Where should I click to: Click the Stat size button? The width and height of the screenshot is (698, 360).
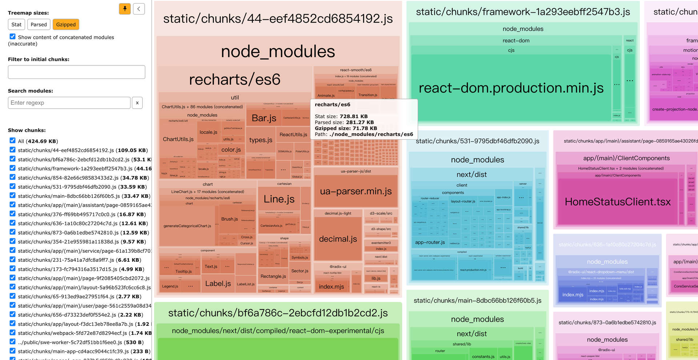16,24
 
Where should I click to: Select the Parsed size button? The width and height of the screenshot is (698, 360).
39,24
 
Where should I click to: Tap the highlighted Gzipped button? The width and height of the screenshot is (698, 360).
66,24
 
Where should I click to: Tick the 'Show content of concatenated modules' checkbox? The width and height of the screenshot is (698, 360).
13,37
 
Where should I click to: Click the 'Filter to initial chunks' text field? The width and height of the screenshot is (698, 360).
76,72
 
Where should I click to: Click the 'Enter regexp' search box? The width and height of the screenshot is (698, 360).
69,103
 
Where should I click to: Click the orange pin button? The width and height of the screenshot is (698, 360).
125,9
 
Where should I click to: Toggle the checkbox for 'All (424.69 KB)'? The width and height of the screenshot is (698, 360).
13,141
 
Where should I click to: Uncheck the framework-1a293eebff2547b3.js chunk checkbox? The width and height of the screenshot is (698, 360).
13,168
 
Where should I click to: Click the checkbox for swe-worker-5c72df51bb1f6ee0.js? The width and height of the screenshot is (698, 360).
13,342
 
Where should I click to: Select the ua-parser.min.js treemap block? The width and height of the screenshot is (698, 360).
356,191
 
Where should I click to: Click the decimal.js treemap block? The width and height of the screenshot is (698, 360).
338,239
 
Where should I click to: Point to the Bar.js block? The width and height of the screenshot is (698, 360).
264,118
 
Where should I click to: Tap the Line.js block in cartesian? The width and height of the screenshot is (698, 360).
279,199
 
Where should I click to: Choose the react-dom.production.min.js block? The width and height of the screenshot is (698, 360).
511,88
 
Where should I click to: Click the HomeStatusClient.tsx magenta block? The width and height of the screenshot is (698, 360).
617,202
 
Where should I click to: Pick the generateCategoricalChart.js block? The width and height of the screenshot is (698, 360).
187,226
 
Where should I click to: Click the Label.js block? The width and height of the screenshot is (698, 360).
218,284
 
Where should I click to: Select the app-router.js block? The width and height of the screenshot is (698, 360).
430,242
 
